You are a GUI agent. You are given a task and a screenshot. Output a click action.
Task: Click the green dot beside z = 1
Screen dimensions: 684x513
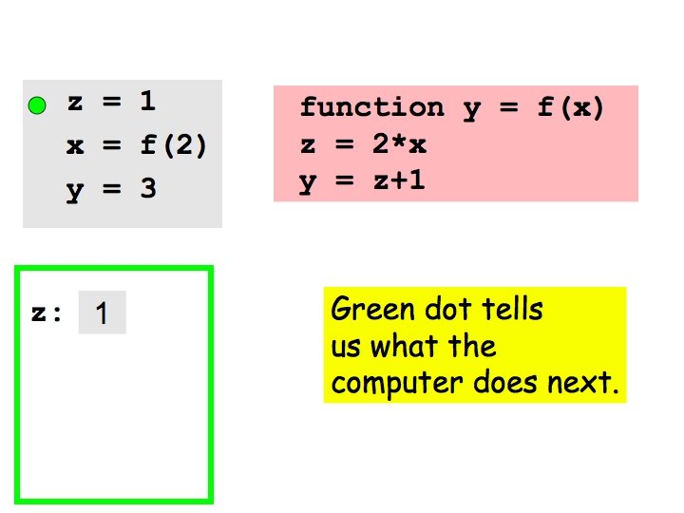36,106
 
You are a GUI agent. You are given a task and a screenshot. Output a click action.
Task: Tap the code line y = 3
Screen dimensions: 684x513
111,189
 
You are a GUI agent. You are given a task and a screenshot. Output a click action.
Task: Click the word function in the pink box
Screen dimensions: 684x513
371,108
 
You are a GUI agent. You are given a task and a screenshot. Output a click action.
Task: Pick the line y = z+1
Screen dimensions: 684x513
362,181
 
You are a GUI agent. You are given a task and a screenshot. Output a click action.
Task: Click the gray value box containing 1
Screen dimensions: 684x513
102,313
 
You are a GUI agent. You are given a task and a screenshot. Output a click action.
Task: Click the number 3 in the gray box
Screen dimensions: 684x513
147,189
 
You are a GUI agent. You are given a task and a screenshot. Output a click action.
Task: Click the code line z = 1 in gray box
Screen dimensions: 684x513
111,104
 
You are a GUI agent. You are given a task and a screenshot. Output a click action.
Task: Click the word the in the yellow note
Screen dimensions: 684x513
472,347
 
